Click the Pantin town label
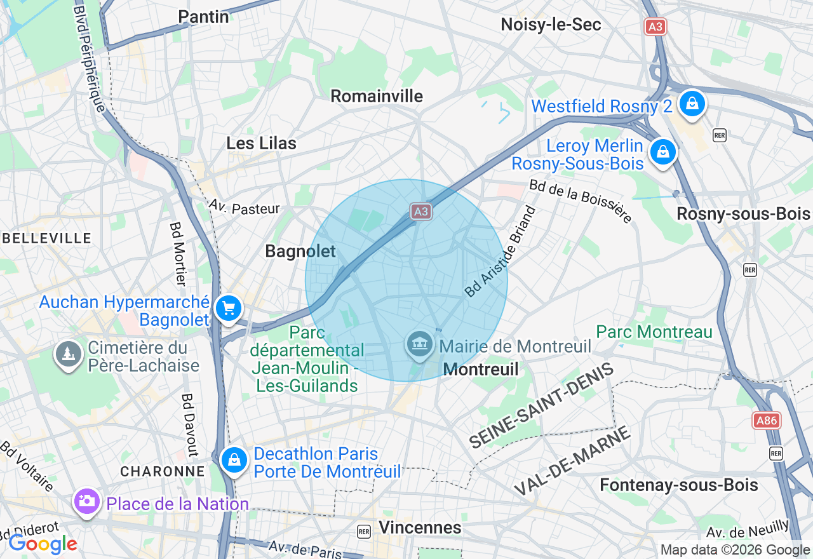point(203,17)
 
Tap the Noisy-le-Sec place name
point(551,25)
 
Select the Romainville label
point(377,96)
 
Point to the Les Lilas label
point(261,144)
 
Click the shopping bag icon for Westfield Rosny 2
point(692,104)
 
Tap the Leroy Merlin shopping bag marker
point(662,152)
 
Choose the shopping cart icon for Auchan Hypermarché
point(229,309)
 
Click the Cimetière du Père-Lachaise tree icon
point(67,353)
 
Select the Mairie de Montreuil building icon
point(419,345)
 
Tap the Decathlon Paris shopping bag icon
point(234,460)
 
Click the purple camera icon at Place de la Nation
point(87,501)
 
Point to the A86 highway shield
point(766,421)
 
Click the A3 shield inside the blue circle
point(420,212)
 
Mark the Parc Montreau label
point(654,332)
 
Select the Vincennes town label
point(420,527)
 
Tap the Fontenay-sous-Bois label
point(678,485)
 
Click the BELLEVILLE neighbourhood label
point(47,238)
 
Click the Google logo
point(43,544)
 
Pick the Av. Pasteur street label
point(244,208)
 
